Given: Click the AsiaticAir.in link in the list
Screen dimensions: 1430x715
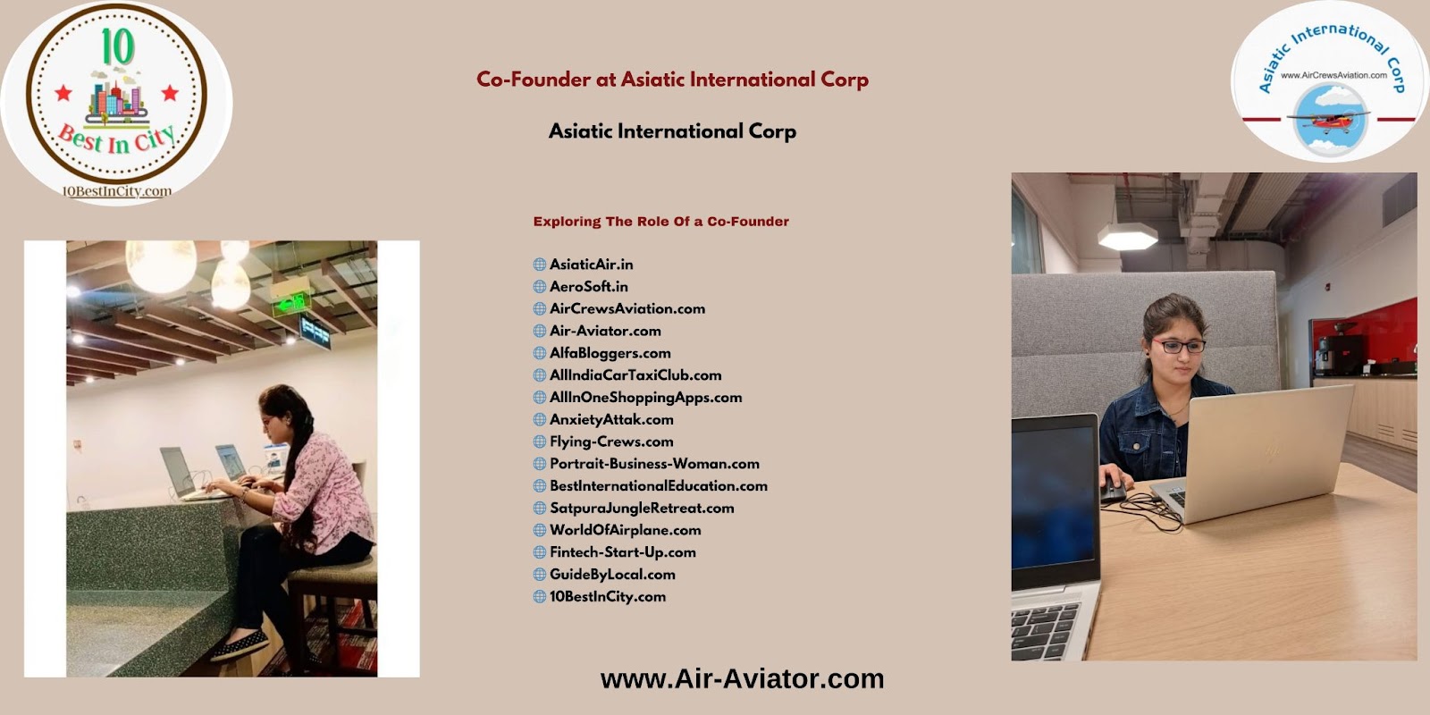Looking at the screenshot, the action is coord(591,265).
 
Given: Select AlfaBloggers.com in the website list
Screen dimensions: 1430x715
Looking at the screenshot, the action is coord(610,353).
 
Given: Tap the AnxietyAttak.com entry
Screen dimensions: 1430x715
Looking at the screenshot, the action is coord(611,419).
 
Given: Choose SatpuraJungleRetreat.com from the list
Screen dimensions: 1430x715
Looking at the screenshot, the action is coord(642,509).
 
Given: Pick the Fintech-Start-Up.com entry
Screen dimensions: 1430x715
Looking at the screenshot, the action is coord(622,552).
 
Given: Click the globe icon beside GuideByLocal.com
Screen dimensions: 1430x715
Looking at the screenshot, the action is coord(540,575).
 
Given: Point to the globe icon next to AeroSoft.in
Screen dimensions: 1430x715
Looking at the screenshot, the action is coord(540,287).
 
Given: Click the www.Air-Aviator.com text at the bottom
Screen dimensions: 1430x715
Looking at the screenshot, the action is coord(742,678).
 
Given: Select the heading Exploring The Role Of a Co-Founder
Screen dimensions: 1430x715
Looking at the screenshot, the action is coord(660,222).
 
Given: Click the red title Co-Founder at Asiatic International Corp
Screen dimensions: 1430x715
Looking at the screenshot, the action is coord(672,80).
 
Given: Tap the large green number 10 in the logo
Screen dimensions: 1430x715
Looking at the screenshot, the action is coord(118,46).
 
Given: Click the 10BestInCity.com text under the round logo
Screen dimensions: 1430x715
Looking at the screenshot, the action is coord(116,191).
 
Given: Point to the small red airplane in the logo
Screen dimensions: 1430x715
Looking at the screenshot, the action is coord(1328,120).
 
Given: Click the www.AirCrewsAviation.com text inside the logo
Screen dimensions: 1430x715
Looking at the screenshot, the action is coord(1333,75).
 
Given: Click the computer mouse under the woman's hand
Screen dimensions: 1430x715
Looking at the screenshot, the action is coord(1112,490).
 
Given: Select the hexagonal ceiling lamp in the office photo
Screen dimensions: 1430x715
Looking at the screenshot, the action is coord(1127,236).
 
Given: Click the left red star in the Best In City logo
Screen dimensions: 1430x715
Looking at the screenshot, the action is coord(63,93).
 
